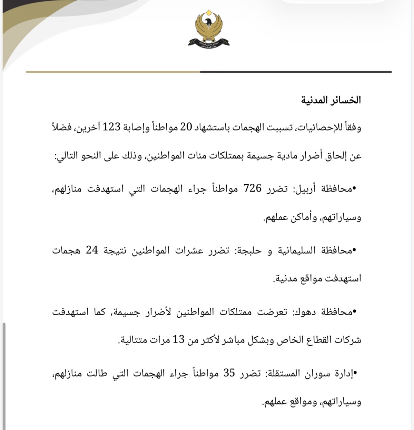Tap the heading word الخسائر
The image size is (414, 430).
click(x=345, y=100)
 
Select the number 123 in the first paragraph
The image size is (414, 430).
click(x=110, y=127)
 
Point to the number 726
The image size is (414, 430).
click(x=253, y=189)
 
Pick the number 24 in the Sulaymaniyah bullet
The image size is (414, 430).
click(x=92, y=250)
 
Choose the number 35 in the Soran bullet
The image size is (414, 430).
click(x=229, y=373)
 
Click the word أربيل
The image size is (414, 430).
click(x=306, y=189)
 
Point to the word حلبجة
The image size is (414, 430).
click(x=252, y=250)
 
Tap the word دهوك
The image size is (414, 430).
click(x=306, y=313)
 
